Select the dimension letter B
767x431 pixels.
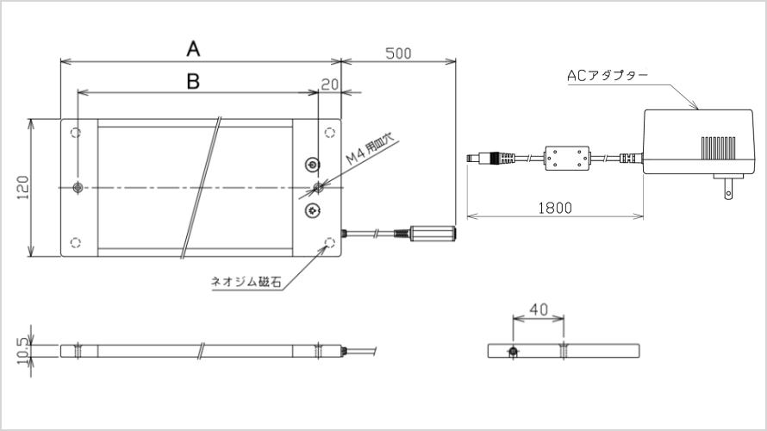click(193, 81)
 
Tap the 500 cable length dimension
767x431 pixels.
click(397, 53)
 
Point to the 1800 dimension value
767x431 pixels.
click(554, 207)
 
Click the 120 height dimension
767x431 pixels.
click(22, 188)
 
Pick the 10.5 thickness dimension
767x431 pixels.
click(22, 351)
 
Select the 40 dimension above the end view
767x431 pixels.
click(538, 308)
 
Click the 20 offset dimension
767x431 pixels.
click(328, 84)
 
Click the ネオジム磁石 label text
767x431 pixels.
click(246, 281)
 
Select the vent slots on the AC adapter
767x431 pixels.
click(718, 147)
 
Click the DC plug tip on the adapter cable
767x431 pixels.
click(473, 159)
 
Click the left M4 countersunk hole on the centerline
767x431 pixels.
click(78, 187)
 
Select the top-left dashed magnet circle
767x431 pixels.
click(75, 133)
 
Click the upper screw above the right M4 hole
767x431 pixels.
click(313, 165)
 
